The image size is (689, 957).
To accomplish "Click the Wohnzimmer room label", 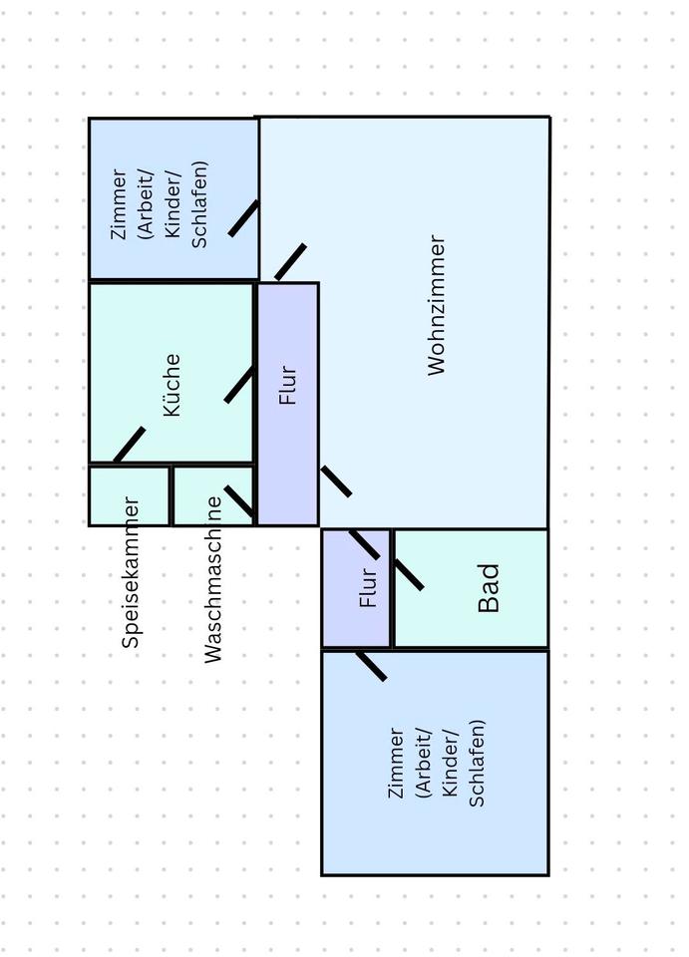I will [x=436, y=305].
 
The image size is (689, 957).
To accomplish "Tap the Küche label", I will [x=172, y=385].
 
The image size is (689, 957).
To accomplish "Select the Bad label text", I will [x=489, y=588].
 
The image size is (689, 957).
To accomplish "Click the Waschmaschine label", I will [x=213, y=579].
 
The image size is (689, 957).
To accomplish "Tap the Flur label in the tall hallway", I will [x=288, y=386].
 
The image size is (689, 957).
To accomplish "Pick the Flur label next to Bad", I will [x=368, y=588].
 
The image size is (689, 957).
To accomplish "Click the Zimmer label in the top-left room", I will [x=160, y=205].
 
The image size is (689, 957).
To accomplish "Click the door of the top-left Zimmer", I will [x=243, y=217].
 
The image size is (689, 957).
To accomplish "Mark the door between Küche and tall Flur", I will [x=239, y=384].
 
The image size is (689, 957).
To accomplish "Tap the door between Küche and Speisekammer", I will [x=130, y=445].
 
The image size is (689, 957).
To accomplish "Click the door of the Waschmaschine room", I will [x=240, y=501].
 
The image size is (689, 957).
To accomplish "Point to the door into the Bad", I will [x=409, y=573].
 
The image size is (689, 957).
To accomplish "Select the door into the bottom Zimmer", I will [x=371, y=665].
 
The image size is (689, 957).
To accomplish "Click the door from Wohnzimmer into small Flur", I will [x=364, y=544].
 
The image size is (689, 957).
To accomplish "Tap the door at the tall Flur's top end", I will [x=290, y=261].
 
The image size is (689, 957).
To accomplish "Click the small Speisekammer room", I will [x=129, y=495].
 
